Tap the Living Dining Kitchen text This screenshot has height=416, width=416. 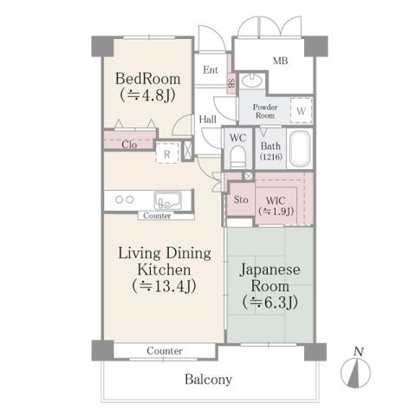165,268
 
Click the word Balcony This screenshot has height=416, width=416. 207,380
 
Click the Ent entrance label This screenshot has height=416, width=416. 211,70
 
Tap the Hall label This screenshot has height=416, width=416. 207,120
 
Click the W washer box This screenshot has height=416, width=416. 300,111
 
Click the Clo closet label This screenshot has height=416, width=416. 128,145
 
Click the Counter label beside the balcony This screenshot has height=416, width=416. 164,351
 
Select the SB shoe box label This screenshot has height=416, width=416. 231,84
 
